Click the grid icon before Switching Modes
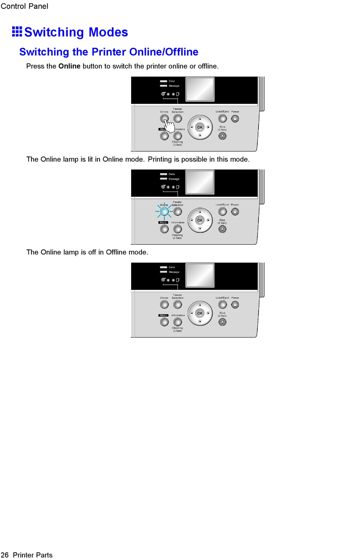(17, 32)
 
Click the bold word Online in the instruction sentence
(69, 66)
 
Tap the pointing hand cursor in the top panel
(169, 125)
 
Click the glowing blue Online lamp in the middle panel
(164, 212)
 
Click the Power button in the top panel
(235, 119)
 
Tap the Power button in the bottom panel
(235, 304)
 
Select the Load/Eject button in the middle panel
(222, 212)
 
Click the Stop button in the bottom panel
(222, 322)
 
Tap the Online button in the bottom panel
(164, 304)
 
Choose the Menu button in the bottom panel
(164, 322)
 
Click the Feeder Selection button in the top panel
(177, 119)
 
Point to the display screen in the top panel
(200, 89)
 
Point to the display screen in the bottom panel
(200, 275)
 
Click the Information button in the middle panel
(177, 229)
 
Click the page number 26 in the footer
(5, 555)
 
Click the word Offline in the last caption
(116, 252)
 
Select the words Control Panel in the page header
(25, 6)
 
